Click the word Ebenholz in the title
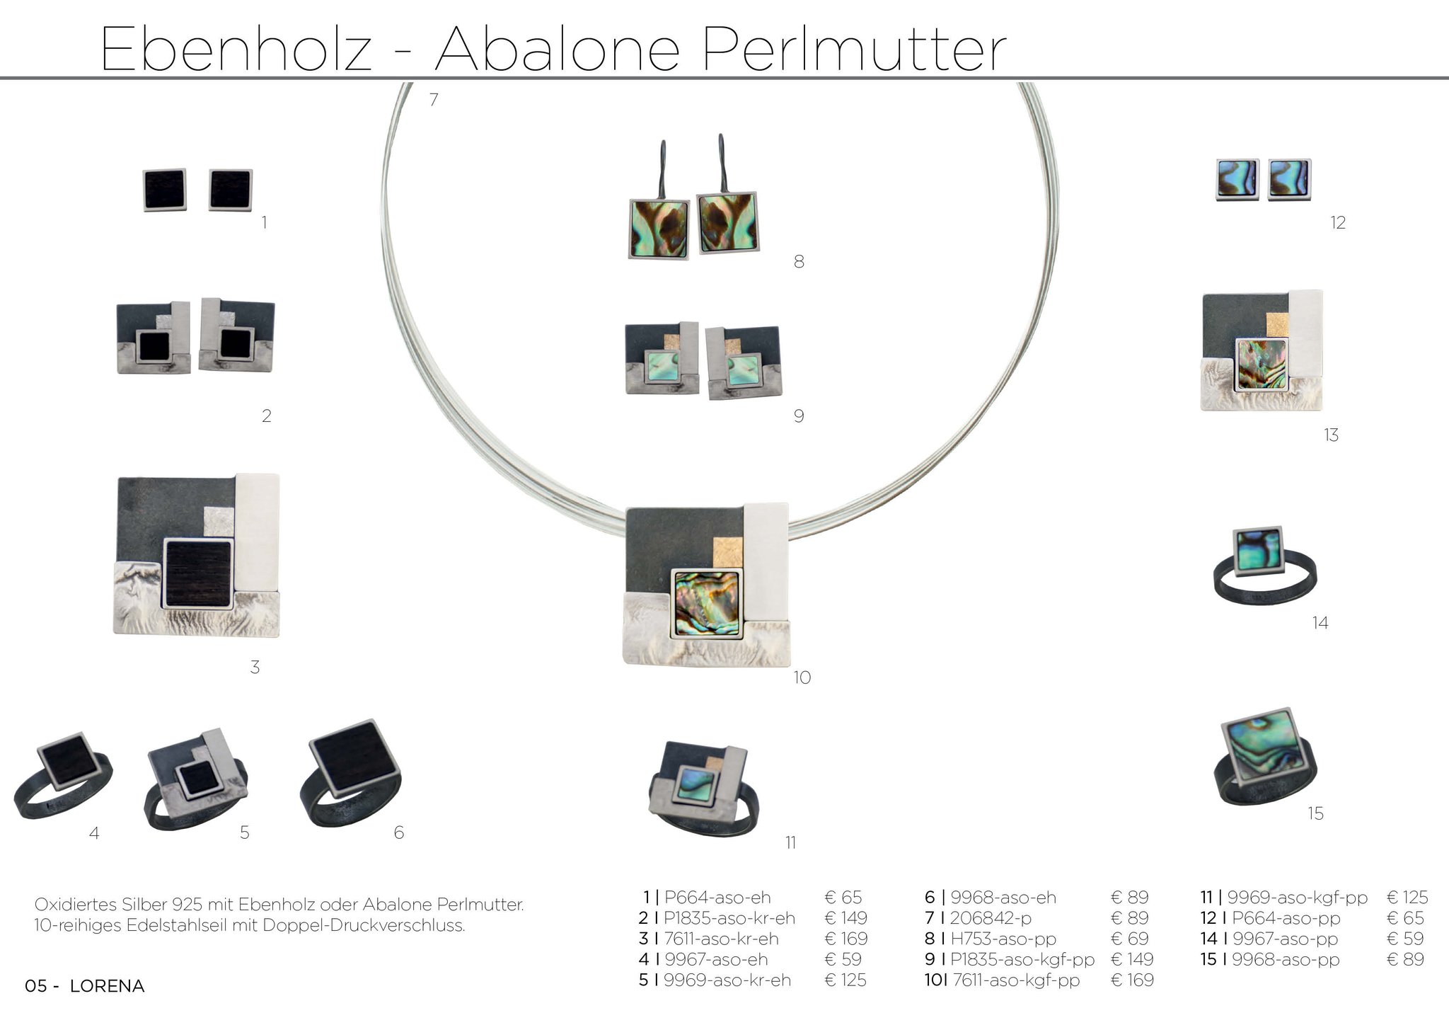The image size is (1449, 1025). click(236, 50)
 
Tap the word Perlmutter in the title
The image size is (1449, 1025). click(853, 50)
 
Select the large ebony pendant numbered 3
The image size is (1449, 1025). click(197, 555)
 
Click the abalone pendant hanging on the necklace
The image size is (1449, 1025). click(706, 585)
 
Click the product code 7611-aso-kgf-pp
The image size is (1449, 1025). click(1015, 980)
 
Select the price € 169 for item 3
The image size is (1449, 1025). click(845, 939)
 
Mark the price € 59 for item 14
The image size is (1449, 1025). click(1407, 939)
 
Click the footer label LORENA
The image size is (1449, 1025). click(108, 986)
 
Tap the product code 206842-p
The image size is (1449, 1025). click(991, 918)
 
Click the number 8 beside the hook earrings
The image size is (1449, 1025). click(799, 262)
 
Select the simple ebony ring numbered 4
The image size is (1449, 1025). click(62, 776)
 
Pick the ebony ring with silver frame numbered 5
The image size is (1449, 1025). click(197, 779)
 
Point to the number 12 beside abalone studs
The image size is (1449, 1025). click(1337, 222)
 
